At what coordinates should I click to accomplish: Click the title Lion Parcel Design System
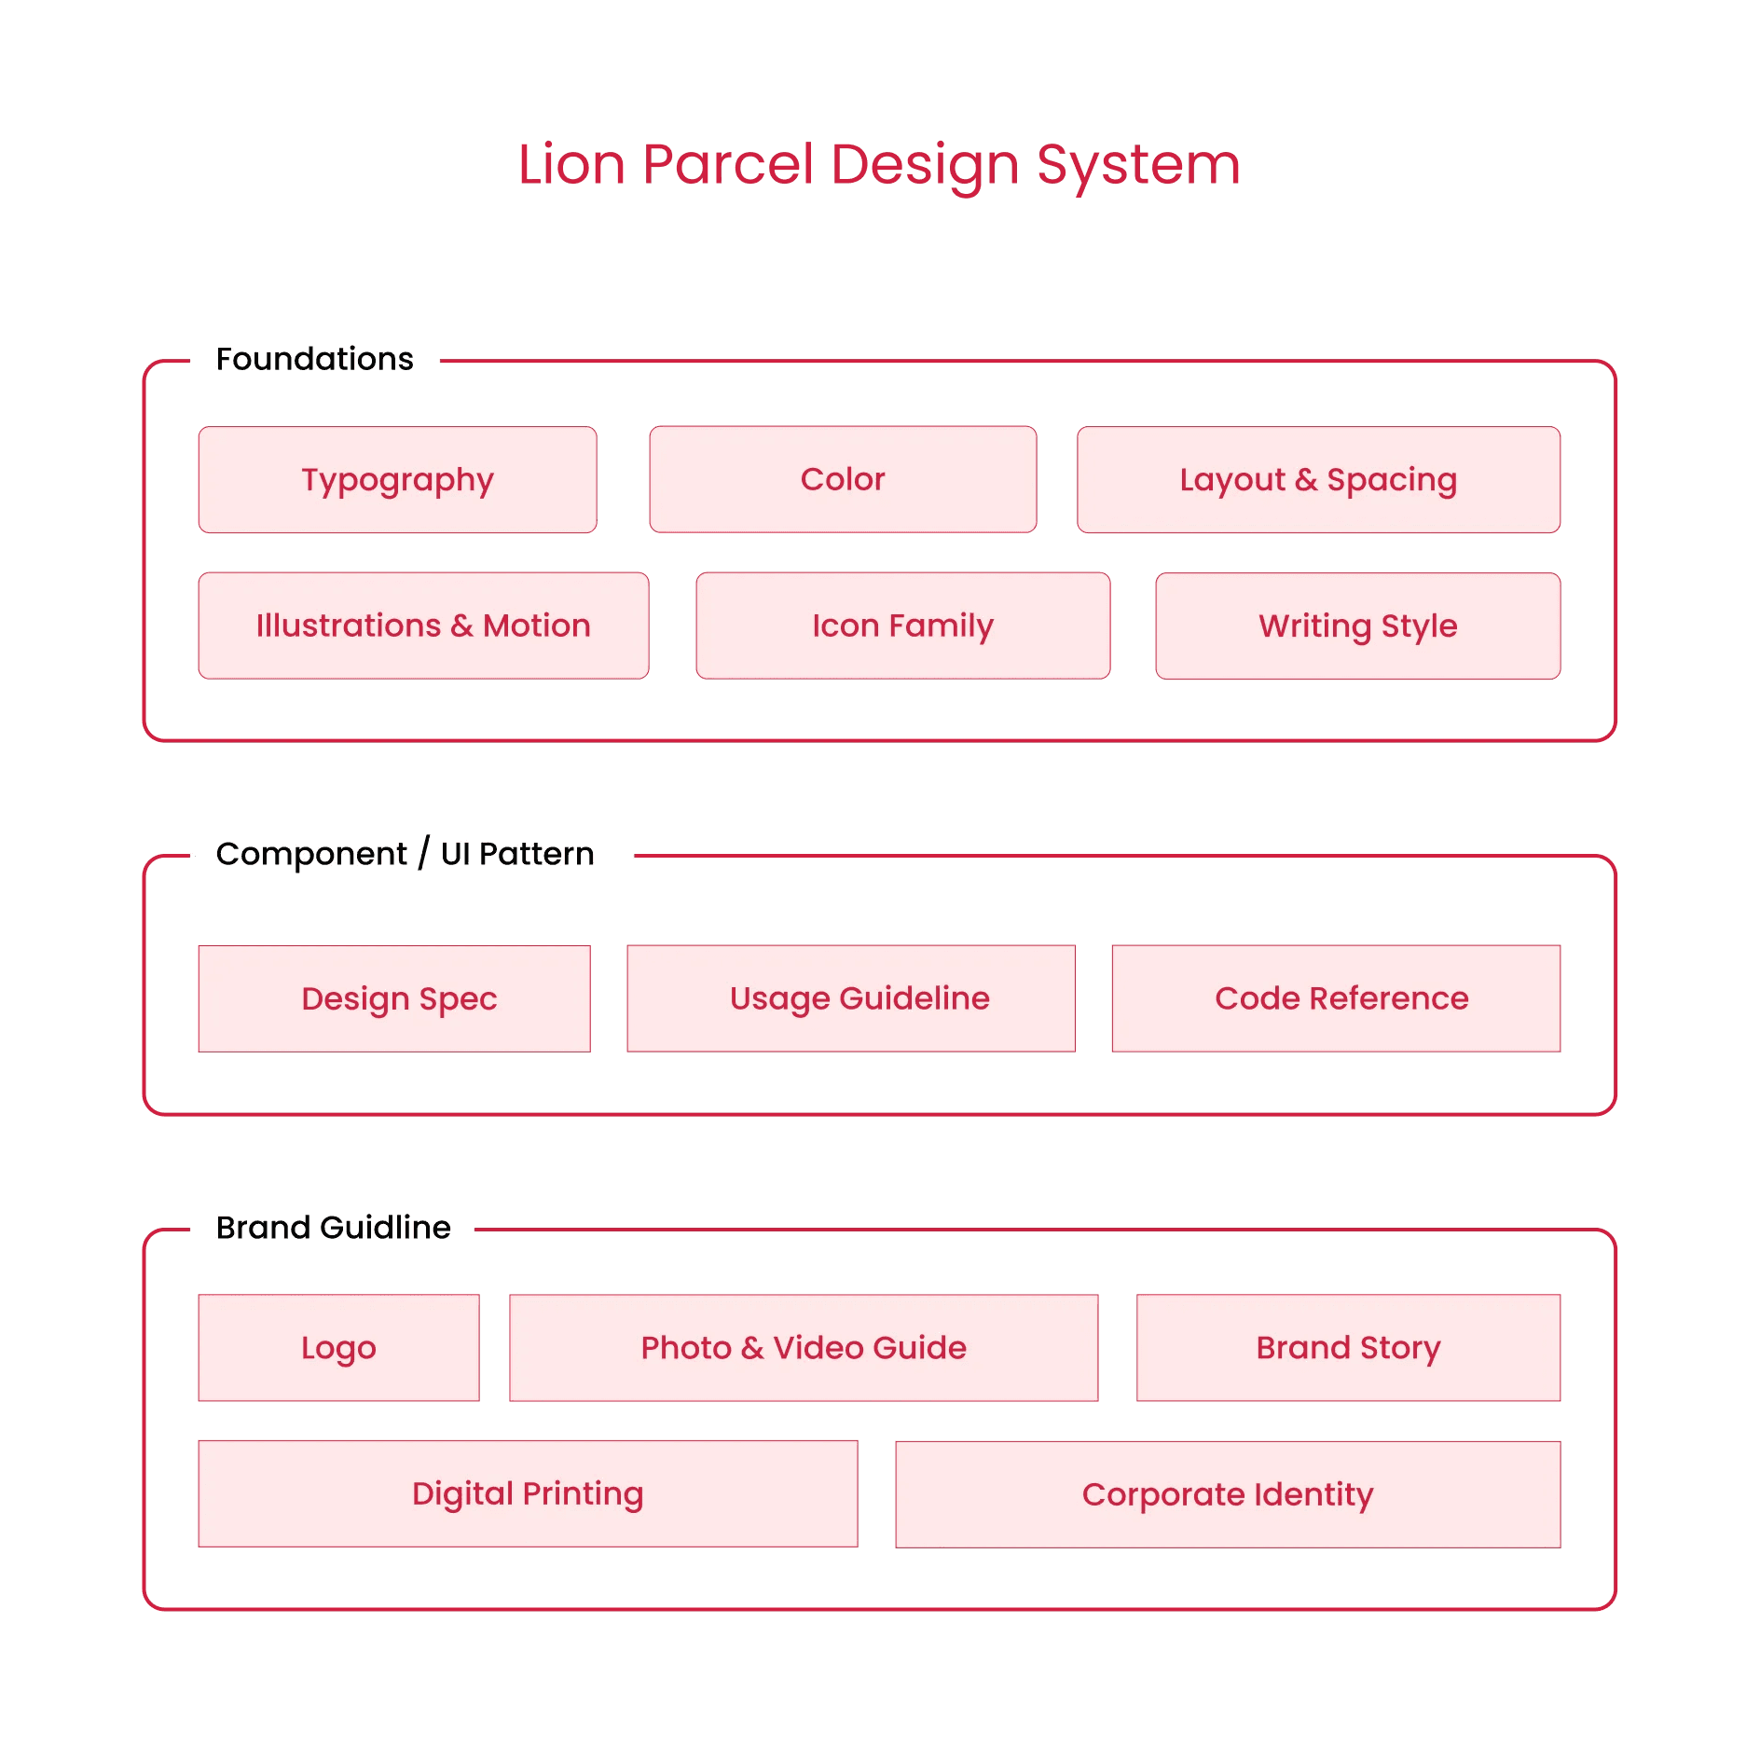pyautogui.click(x=878, y=165)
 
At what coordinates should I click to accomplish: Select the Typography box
pyautogui.click(x=397, y=480)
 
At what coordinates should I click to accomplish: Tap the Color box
pyautogui.click(x=843, y=480)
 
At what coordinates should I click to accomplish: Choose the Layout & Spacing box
pyautogui.click(x=1318, y=480)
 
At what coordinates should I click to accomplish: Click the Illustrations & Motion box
pyautogui.click(x=423, y=626)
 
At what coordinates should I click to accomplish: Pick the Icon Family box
pyautogui.click(x=902, y=626)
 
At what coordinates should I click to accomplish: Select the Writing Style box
pyautogui.click(x=1357, y=626)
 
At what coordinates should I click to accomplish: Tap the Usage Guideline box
pyautogui.click(x=850, y=998)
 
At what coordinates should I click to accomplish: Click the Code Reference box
pyautogui.click(x=1336, y=998)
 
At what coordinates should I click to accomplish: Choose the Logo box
pyautogui.click(x=338, y=1348)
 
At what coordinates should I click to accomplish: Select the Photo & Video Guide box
pyautogui.click(x=804, y=1348)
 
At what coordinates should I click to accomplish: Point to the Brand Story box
pyautogui.click(x=1348, y=1348)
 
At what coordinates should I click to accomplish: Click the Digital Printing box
pyautogui.click(x=528, y=1493)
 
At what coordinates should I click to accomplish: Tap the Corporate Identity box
pyautogui.click(x=1228, y=1494)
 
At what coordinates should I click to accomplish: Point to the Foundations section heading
pyautogui.click(x=314, y=359)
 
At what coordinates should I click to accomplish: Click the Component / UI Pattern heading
pyautogui.click(x=405, y=854)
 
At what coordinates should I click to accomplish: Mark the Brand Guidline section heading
pyautogui.click(x=333, y=1228)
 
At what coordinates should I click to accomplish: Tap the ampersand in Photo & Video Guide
pyautogui.click(x=752, y=1348)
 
